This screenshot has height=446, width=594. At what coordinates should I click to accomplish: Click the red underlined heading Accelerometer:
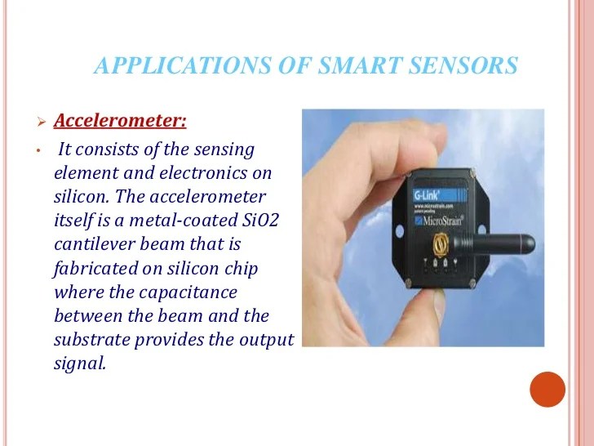[x=120, y=122]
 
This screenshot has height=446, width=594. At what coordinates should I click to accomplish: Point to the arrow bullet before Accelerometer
[x=40, y=123]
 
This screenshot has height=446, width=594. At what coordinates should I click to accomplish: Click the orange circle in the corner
[x=547, y=390]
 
